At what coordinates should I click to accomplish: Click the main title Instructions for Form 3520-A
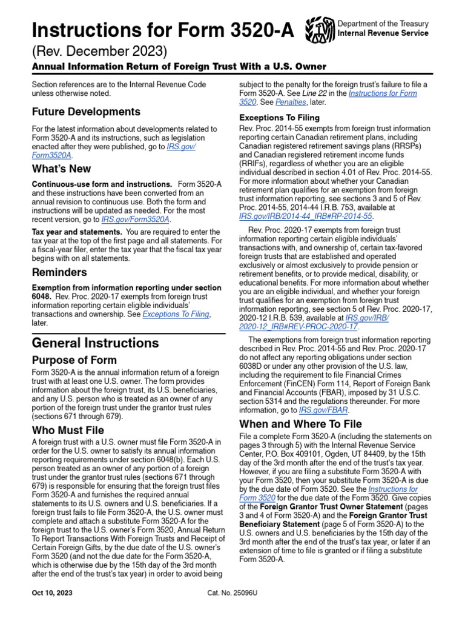[x=163, y=29]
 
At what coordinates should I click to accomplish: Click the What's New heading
[x=61, y=169]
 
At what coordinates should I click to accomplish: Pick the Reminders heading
[x=59, y=272]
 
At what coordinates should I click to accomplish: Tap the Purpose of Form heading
[x=74, y=360]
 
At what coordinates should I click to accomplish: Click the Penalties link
[x=273, y=102]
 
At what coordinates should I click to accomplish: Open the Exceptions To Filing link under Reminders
[x=176, y=314]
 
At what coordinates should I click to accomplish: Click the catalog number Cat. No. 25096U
[x=232, y=592]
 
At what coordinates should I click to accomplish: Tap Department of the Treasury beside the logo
[x=382, y=23]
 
